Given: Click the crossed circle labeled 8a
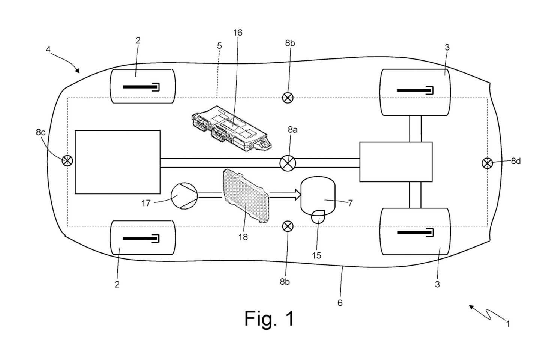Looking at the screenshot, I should [288, 163].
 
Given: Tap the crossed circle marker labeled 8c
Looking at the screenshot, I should [67, 161].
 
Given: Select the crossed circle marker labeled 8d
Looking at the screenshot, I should [487, 163].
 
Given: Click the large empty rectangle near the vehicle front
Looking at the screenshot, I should [117, 162].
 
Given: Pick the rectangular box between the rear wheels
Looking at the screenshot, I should [396, 162].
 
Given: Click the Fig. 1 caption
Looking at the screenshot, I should [269, 318].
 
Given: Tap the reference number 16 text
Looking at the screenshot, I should [237, 33].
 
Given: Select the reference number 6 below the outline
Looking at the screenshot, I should [340, 303].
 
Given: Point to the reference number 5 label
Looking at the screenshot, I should [219, 46].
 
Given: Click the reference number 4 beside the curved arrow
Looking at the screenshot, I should [48, 49].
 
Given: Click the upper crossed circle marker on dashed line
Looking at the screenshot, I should [287, 98].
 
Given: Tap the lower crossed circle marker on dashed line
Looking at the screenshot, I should [287, 226].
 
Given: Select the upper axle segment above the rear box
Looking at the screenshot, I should [415, 129].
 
